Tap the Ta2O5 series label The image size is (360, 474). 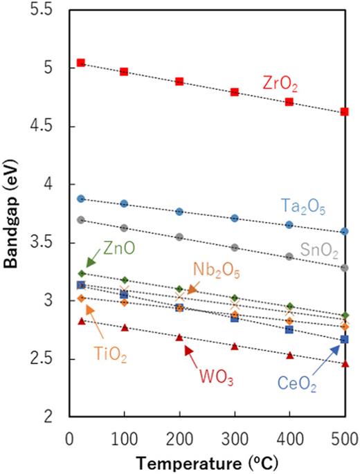[x=300, y=206]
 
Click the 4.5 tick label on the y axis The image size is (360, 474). [x=48, y=127]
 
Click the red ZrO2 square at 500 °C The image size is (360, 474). [x=345, y=111]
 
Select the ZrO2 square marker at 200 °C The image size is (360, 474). [x=179, y=81]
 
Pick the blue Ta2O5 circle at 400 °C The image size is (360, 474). [x=289, y=224]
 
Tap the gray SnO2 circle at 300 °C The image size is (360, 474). [x=234, y=247]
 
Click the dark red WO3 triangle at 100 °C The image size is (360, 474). [x=125, y=327]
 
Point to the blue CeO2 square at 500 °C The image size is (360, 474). [x=345, y=339]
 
